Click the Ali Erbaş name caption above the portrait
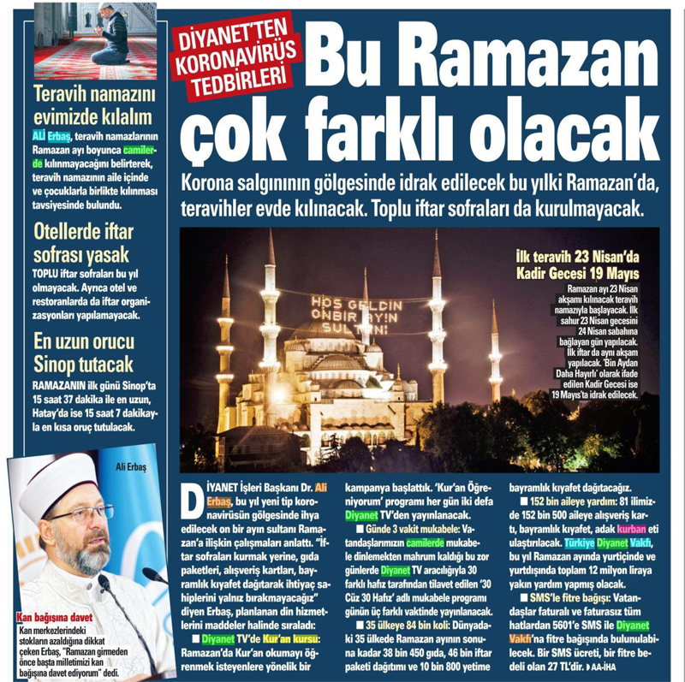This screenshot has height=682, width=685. [x=131, y=466]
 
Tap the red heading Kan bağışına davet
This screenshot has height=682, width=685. [x=55, y=617]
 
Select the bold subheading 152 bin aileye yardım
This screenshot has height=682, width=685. [x=559, y=501]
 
